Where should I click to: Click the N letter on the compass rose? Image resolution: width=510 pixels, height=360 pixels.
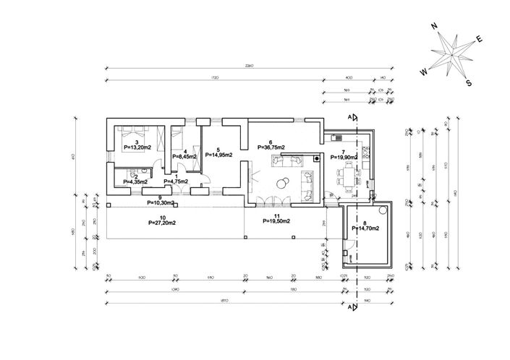(x=435, y=26)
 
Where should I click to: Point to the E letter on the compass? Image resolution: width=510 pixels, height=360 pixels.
(x=480, y=40)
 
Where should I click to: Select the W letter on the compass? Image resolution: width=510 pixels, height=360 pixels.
(x=424, y=72)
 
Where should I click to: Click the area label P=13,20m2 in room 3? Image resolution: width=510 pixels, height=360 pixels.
(x=137, y=147)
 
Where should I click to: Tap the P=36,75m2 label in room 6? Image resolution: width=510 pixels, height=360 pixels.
(x=271, y=147)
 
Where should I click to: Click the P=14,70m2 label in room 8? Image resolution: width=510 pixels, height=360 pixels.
(x=364, y=228)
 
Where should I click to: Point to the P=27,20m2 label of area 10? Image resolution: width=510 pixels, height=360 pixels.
(x=162, y=223)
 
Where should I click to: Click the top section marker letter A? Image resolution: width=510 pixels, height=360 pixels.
(x=349, y=116)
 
